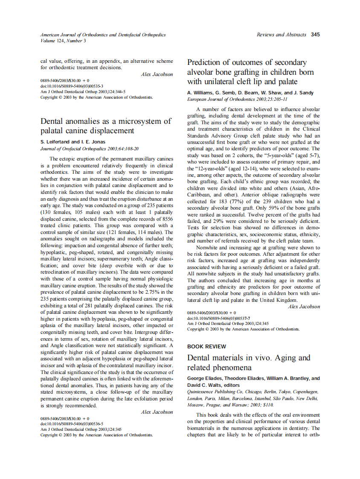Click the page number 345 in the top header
tap(315, 35)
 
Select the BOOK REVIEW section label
tap(207, 346)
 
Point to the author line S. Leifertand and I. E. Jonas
tap(73, 142)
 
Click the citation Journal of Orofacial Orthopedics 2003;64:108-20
tap(89, 149)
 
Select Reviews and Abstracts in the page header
tap(281, 35)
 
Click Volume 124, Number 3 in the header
tap(63, 41)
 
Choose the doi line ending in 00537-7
tap(219, 318)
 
